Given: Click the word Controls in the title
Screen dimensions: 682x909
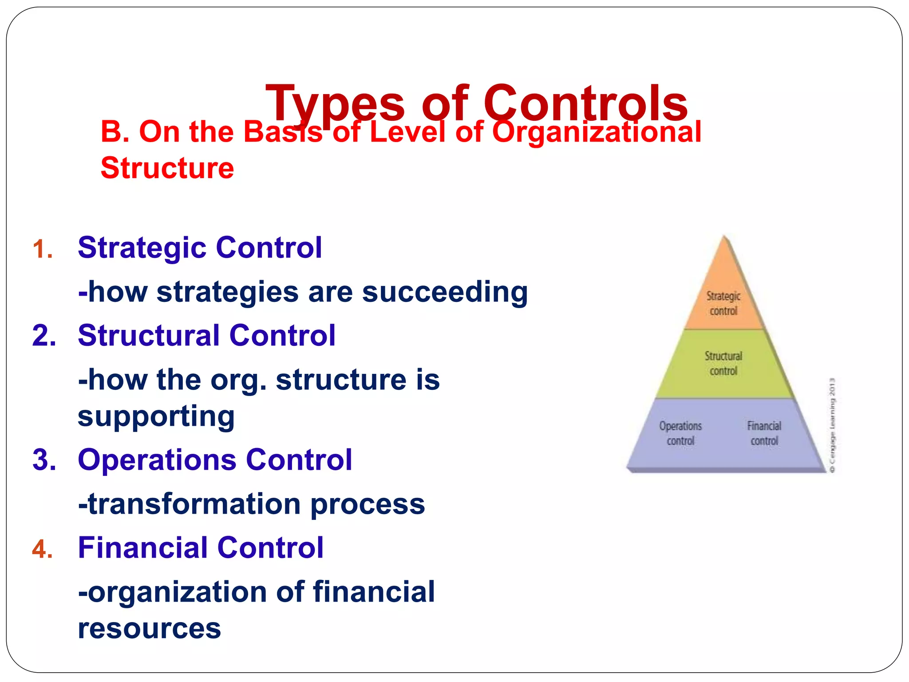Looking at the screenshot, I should coord(585,103).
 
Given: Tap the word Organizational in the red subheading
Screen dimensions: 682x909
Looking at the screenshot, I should coord(597,132).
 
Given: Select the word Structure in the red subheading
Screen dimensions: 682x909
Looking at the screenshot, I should coord(167,168).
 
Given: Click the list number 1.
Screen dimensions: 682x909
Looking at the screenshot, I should coord(43,249).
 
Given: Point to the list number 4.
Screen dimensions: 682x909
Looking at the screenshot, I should coord(43,549).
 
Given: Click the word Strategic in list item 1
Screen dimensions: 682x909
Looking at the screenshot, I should coord(141,247).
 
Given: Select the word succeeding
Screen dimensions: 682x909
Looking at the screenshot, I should coord(445,292).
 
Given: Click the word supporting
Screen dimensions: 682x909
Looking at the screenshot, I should coord(156,416).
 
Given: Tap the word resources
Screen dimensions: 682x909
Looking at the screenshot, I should coord(149,628).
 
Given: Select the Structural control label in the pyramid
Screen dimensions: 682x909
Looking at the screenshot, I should coord(723,364).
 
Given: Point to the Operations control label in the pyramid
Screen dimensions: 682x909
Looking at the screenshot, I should coord(680,433).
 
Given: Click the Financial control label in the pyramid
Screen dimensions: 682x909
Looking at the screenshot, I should coord(764,433).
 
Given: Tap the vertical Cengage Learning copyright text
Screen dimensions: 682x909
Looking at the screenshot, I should coord(832,425).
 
